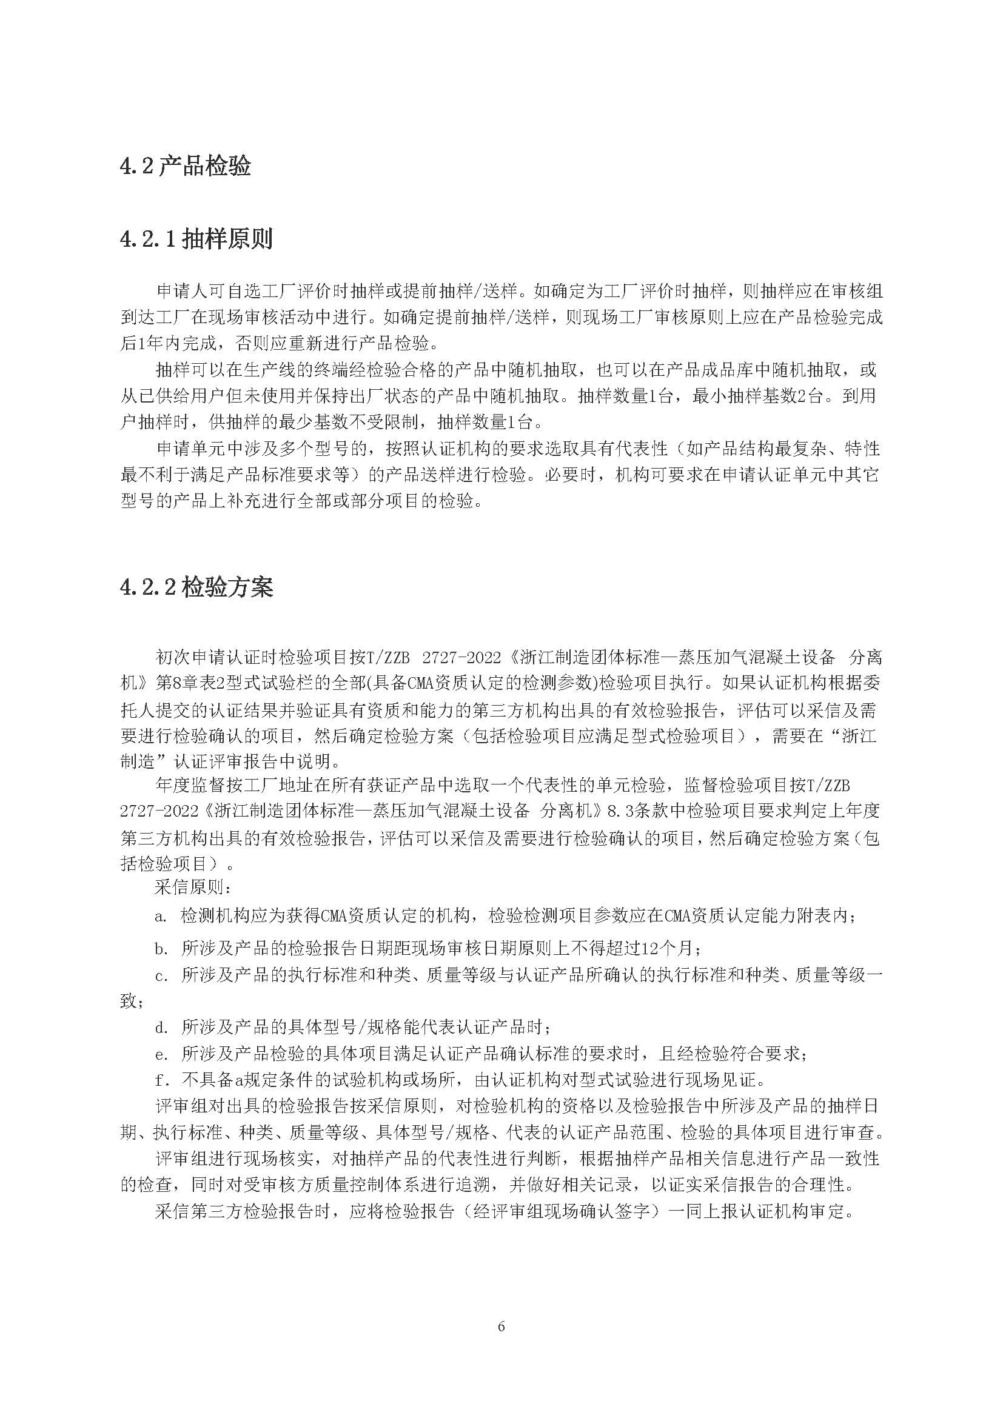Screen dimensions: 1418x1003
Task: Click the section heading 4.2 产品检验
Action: coord(186,167)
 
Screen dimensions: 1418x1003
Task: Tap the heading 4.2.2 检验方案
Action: coord(196,588)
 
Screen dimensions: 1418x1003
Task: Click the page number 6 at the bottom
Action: coord(501,1326)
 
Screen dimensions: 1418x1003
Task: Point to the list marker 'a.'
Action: coord(161,917)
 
